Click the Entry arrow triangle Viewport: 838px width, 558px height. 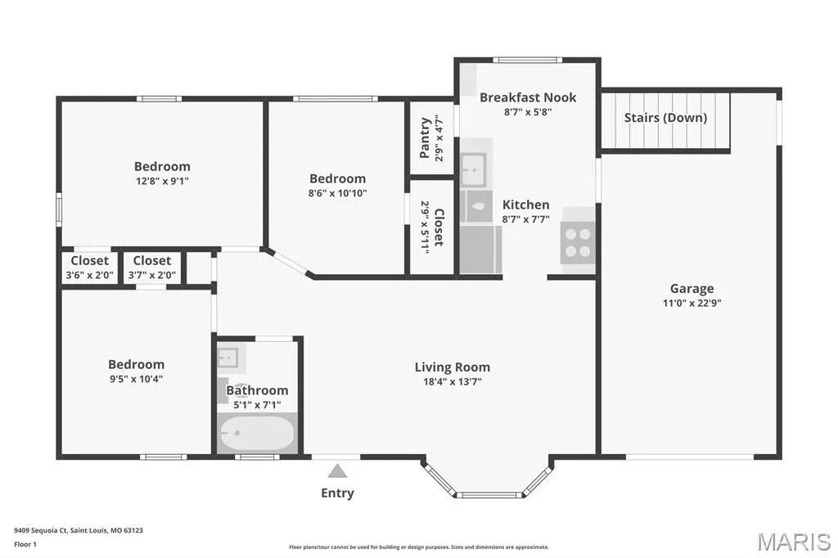337,471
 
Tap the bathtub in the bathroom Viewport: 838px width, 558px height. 257,433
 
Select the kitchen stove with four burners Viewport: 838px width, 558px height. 578,242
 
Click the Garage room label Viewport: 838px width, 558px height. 692,289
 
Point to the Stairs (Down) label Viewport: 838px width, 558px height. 665,118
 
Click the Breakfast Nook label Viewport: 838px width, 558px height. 528,97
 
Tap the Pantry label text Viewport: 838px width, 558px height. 425,138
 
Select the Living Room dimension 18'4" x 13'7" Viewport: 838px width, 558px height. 452,381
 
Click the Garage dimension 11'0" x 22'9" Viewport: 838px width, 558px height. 692,303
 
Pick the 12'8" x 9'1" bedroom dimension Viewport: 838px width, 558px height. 162,181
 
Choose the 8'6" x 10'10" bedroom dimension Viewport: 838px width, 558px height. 337,193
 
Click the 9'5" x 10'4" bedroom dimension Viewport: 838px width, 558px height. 136,379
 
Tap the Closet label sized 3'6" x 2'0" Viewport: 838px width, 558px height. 89,261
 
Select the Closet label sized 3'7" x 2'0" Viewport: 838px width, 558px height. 151,261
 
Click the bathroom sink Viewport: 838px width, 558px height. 228,357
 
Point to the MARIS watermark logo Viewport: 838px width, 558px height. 794,542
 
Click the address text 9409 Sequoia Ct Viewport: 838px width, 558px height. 41,531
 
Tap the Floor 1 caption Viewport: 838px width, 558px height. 25,545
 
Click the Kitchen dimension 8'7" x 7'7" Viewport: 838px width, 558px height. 525,219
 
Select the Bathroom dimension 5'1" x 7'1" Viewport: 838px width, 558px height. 257,405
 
